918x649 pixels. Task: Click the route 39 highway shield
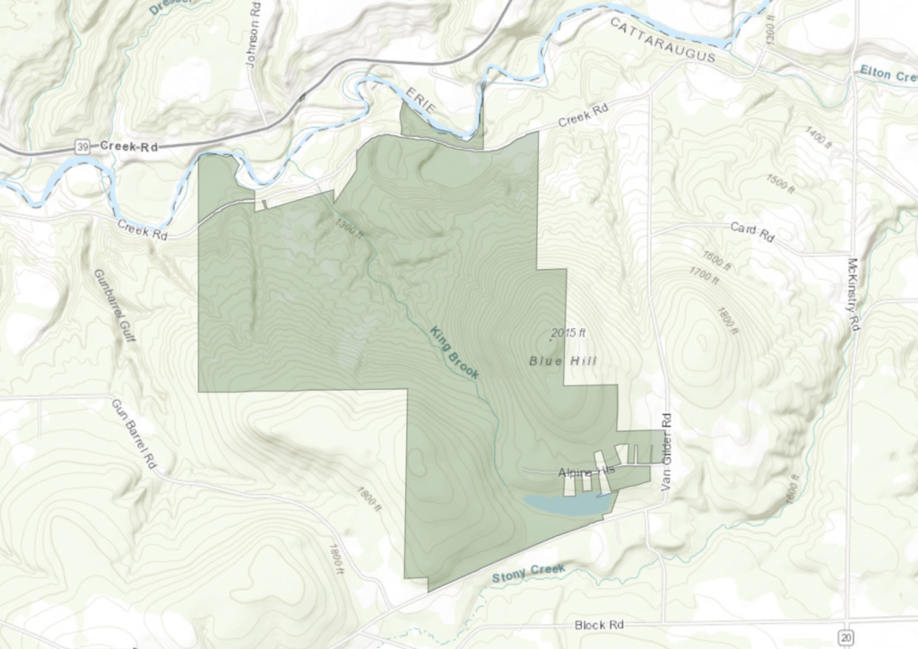(x=82, y=146)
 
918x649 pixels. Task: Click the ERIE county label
(x=420, y=101)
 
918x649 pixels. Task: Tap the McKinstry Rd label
(x=853, y=296)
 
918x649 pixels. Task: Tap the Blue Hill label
(x=563, y=361)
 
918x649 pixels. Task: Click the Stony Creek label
(x=526, y=574)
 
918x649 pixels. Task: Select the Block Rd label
(x=598, y=624)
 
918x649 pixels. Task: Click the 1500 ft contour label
(x=780, y=183)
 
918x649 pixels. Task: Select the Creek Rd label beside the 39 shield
(x=129, y=145)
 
